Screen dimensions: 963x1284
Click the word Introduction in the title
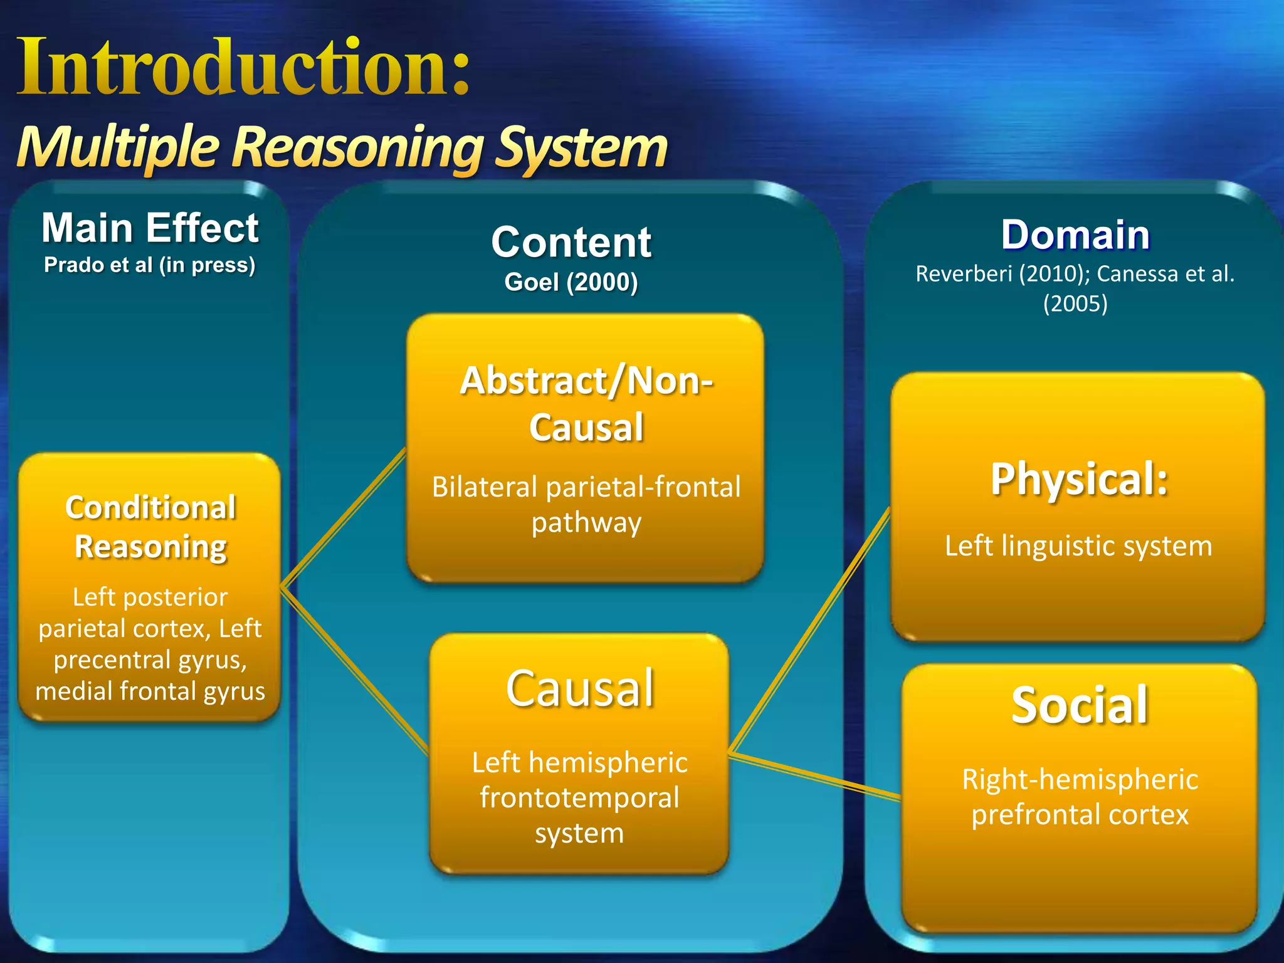(232, 68)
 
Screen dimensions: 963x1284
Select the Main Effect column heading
(150, 228)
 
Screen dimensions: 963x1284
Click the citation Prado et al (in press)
(150, 265)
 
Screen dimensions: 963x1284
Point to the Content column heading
(571, 243)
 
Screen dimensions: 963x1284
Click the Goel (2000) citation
(571, 282)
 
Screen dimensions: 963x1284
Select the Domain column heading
(1075, 235)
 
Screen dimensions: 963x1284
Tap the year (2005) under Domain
(1075, 304)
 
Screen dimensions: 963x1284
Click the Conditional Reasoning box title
(150, 527)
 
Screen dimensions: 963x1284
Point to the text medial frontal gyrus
(150, 691)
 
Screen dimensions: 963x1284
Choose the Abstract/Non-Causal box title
(586, 403)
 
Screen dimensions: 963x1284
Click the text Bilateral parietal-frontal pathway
(586, 504)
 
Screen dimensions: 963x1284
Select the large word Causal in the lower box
(580, 688)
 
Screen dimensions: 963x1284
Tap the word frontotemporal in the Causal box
(580, 798)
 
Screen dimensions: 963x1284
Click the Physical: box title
(1079, 479)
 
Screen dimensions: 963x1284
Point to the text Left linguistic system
(1078, 546)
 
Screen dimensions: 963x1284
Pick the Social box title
(1080, 705)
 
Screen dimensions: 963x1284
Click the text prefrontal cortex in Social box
(1080, 815)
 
